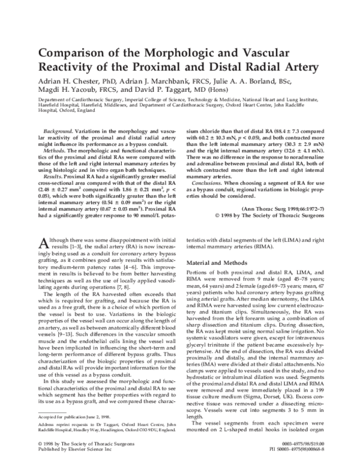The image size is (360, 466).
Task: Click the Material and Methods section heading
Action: [220, 263]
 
